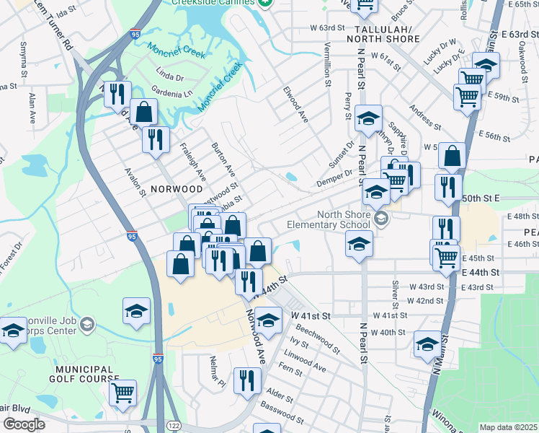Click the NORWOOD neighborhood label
point(177,189)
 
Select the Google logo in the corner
point(24,424)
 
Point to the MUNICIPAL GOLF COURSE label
point(84,373)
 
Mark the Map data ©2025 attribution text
point(507,427)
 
